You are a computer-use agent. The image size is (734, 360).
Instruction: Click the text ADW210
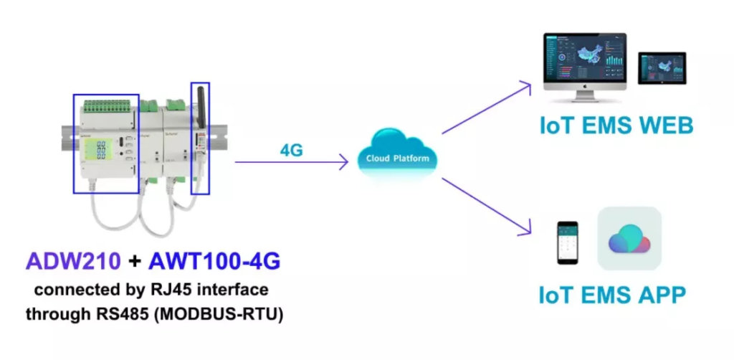pyautogui.click(x=73, y=262)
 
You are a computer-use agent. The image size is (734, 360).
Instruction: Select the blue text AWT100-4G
pyautogui.click(x=214, y=262)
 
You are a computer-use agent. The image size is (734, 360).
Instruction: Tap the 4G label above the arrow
pyautogui.click(x=291, y=151)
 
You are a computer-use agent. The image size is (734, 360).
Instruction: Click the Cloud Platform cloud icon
pyautogui.click(x=396, y=154)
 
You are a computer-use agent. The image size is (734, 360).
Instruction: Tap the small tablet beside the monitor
pyautogui.click(x=662, y=68)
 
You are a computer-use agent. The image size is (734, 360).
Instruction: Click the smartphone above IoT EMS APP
pyautogui.click(x=568, y=243)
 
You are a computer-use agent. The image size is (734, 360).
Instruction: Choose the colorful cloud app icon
pyautogui.click(x=629, y=238)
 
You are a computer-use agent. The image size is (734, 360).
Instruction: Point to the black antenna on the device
pyautogui.click(x=201, y=107)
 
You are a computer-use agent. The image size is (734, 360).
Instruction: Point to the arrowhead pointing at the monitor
pyautogui.click(x=527, y=87)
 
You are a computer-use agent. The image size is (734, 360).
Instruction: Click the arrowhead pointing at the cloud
pyautogui.click(x=344, y=162)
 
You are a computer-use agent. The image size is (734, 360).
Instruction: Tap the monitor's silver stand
pyautogui.click(x=586, y=95)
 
